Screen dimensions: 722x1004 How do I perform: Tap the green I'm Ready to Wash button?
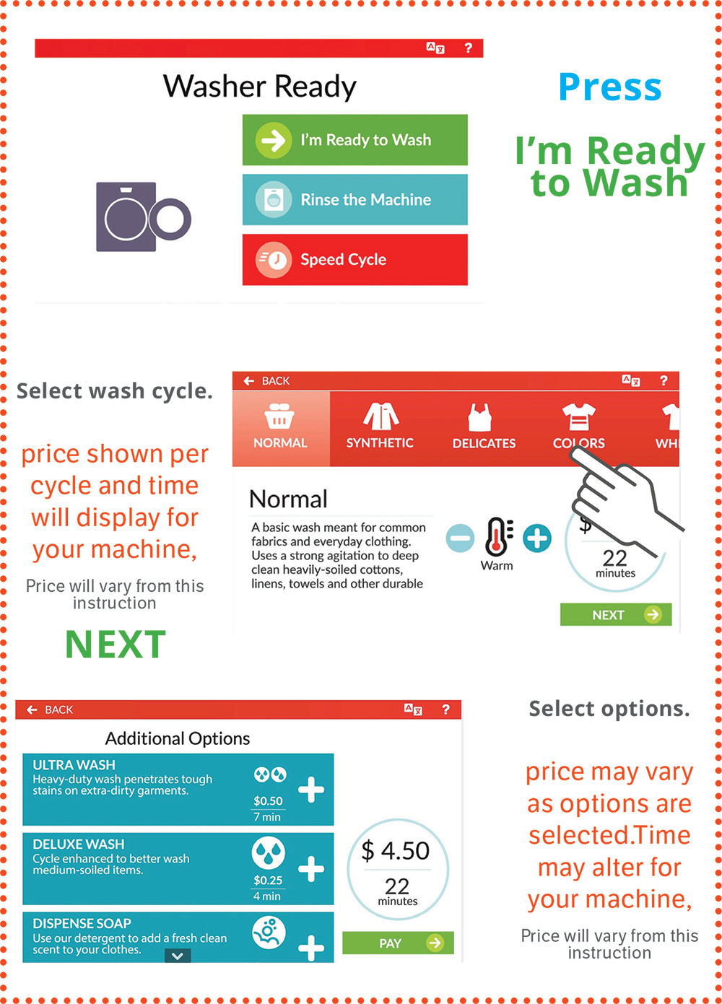(355, 140)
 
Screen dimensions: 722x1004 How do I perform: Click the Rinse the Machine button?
(355, 199)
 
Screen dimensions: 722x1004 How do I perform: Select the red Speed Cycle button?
(355, 260)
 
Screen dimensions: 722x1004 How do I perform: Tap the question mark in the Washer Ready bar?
(468, 48)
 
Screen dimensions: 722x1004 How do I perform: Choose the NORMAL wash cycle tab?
(281, 428)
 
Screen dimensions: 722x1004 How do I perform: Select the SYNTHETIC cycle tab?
(380, 428)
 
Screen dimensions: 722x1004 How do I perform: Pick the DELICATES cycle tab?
(484, 428)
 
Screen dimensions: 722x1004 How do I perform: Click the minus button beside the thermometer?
(460, 538)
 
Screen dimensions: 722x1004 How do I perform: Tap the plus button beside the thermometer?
(537, 538)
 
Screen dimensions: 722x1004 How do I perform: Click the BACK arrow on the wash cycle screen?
(249, 381)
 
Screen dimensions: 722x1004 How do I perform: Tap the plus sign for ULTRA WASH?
(311, 790)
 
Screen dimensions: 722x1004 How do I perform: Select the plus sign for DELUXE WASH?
(311, 868)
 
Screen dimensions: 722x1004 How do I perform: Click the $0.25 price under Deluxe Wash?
(268, 880)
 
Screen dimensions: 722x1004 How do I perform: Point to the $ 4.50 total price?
(396, 850)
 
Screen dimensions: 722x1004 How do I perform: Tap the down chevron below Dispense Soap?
(178, 956)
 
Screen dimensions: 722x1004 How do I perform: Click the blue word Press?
(610, 87)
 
